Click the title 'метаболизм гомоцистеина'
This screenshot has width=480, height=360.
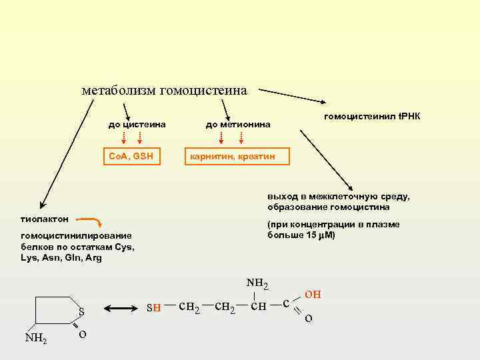tap(164, 89)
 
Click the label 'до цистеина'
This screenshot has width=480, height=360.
tap(137, 124)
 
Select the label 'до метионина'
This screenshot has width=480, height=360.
tap(238, 124)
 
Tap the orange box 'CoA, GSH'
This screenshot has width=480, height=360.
tap(131, 157)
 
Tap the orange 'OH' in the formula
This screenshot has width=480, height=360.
tap(313, 294)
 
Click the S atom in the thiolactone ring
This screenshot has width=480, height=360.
tap(81, 311)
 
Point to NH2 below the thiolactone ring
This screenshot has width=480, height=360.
tap(35, 338)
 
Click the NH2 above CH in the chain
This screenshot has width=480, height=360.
tap(257, 284)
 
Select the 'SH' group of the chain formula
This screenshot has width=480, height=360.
tap(153, 307)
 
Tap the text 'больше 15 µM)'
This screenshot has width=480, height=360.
tap(301, 235)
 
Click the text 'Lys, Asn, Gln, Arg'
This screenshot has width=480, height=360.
tap(61, 257)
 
